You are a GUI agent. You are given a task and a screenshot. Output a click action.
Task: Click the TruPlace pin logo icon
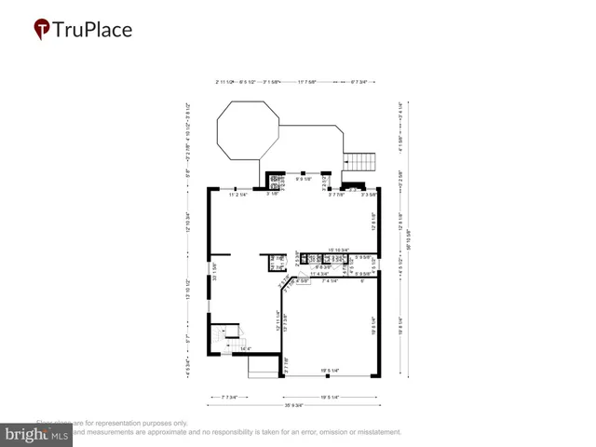click(x=41, y=30)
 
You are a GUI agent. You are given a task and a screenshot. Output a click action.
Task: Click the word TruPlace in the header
click(x=93, y=30)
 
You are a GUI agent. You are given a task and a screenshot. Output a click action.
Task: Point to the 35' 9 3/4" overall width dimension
click(x=298, y=404)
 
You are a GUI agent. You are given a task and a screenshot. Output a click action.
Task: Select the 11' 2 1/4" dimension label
click(x=240, y=195)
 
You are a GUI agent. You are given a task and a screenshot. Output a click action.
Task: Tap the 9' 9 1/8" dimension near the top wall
click(x=304, y=178)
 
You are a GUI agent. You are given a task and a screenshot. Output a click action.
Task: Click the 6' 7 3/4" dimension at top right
click(x=358, y=82)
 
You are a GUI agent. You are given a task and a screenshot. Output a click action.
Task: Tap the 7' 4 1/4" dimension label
click(x=332, y=280)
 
